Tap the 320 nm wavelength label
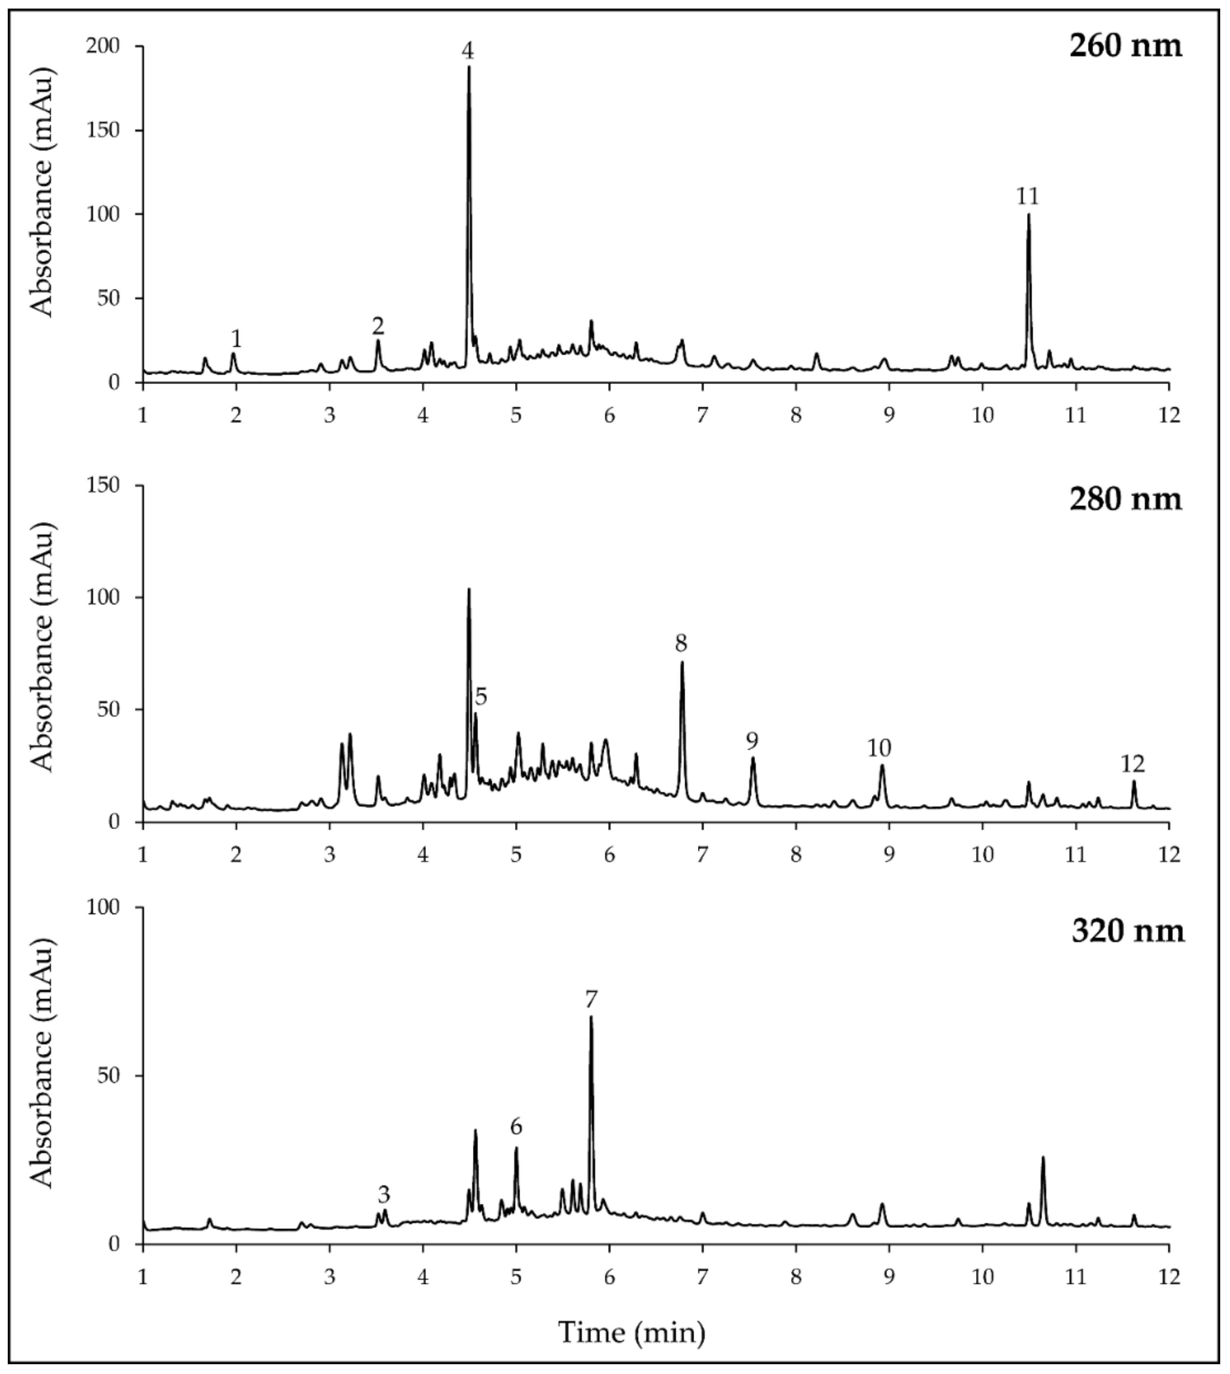point(1127,931)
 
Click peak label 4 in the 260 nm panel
point(468,51)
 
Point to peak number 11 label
point(1027,197)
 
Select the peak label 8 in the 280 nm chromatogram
point(681,643)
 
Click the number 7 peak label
point(592,999)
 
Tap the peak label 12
point(1133,764)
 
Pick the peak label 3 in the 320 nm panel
point(384,1195)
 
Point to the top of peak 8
point(682,662)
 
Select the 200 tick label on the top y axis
point(106,46)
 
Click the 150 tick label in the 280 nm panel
point(106,485)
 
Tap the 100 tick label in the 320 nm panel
point(106,907)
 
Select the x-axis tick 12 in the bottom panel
point(1168,1277)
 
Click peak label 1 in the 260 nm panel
point(236,339)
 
